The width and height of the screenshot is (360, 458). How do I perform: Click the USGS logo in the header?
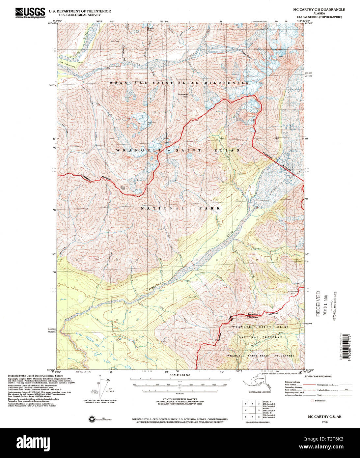[30, 13]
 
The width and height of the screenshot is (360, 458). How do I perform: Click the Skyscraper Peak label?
[183, 95]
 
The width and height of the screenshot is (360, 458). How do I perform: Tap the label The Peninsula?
[67, 65]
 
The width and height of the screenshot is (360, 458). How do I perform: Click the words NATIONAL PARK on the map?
[180, 208]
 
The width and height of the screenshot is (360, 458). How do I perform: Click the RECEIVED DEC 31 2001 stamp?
[321, 303]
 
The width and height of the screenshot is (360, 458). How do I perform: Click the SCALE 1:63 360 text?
[180, 375]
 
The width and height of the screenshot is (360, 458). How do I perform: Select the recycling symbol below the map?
[92, 419]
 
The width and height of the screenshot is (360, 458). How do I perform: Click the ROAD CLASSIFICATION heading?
[318, 376]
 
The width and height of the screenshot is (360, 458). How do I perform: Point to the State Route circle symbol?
[312, 401]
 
